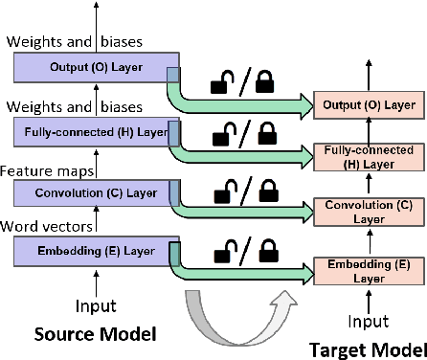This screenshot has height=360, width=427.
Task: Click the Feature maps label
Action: [46, 169]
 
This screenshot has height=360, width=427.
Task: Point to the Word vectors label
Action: [46, 228]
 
